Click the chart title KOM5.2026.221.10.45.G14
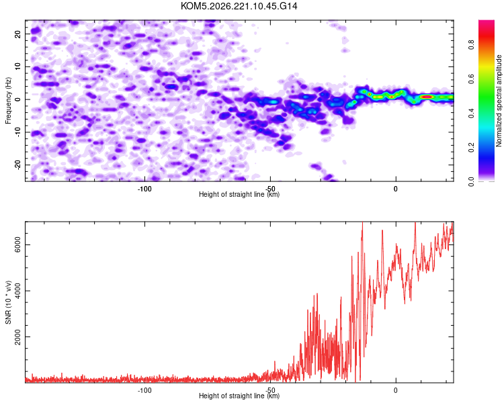239,6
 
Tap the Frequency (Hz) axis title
8,101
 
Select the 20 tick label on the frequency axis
17,34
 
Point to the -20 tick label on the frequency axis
17,165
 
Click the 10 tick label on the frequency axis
17,66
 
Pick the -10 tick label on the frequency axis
17,132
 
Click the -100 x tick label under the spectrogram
144,189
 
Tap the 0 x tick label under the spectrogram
396,189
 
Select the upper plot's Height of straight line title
239,194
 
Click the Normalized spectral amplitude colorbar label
499,101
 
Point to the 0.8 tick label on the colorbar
471,45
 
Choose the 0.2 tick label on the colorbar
471,148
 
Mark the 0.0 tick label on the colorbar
471,181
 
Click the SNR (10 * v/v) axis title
8,302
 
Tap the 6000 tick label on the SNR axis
17,245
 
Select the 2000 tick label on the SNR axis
17,337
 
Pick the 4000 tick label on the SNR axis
17,291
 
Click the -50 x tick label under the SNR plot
270,390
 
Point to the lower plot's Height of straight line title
239,396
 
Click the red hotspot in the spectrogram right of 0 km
427,97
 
